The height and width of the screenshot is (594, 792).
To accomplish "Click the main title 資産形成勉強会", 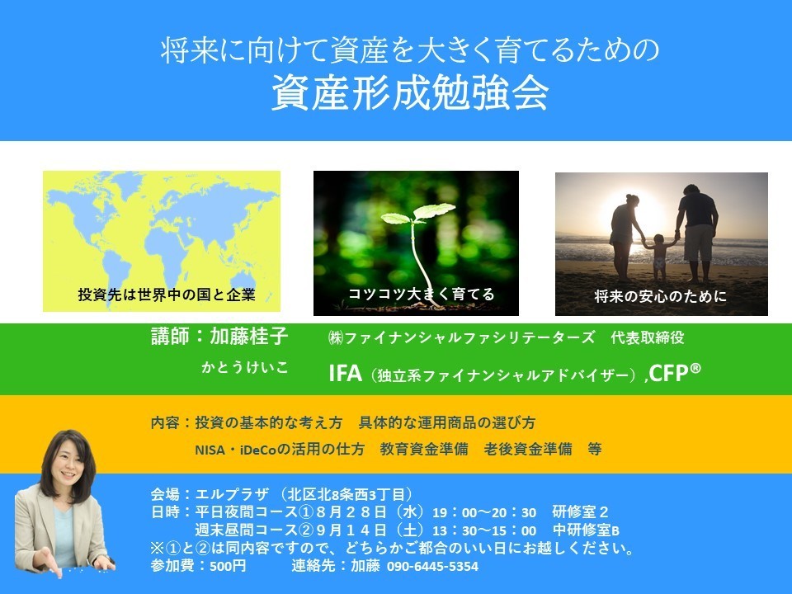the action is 410,93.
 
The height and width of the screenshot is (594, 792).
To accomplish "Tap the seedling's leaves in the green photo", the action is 418,213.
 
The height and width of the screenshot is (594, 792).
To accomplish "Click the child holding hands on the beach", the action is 658,257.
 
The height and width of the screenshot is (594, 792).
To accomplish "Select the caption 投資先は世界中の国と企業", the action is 167,295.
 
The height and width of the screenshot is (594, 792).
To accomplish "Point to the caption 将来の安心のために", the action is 660,296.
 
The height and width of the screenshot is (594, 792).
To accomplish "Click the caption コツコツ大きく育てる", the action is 422,294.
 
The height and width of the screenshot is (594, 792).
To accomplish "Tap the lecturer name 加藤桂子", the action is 249,336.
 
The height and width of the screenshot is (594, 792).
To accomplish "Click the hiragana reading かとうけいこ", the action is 245,367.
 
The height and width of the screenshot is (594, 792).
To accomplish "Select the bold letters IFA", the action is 346,373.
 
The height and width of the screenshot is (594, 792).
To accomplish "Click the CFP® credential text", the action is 675,373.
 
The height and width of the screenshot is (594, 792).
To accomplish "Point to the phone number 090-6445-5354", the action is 432,566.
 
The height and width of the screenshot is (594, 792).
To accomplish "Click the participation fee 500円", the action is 228,566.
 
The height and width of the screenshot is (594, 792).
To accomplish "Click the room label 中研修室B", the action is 586,530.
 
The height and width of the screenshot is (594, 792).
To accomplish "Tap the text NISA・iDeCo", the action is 237,449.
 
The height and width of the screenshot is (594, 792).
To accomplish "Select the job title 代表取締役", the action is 648,337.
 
